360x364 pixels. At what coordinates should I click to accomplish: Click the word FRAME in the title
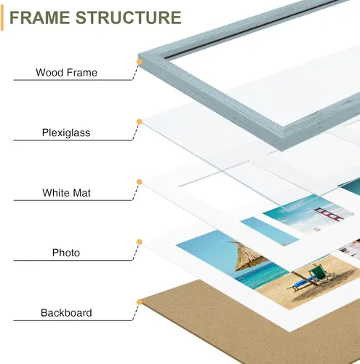click(39, 17)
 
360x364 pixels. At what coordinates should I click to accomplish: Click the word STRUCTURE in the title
click(128, 17)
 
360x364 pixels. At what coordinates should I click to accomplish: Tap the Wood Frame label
click(66, 73)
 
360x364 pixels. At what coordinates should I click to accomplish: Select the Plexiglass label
click(66, 132)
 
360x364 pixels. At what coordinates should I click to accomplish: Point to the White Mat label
click(66, 193)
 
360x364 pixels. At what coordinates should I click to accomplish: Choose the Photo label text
click(66, 253)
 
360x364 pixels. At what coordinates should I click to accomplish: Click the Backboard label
click(66, 313)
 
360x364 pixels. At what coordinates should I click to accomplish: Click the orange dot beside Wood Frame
click(140, 62)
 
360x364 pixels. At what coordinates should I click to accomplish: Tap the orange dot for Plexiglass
click(140, 122)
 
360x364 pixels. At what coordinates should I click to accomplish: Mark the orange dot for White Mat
click(140, 182)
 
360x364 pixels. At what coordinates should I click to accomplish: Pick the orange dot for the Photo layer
click(140, 242)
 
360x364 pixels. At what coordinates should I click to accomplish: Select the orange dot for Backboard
click(140, 302)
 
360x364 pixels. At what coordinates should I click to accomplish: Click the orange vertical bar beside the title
click(2, 17)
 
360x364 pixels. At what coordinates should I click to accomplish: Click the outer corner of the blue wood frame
click(139, 54)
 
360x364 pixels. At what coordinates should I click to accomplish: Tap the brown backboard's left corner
click(142, 301)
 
